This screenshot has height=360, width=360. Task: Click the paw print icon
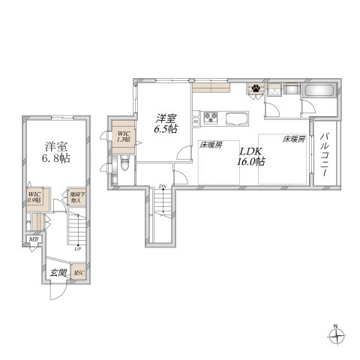pos(256,88)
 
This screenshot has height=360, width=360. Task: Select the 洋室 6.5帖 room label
pos(166,123)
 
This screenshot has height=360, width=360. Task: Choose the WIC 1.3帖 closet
pos(123,136)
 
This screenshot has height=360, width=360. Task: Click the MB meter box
pos(32,240)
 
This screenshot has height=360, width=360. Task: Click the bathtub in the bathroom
pos(320,91)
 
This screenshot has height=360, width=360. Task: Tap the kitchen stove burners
pos(211,117)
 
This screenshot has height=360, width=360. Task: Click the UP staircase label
pos(78,247)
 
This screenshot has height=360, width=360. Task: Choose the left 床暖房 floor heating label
pos(210,144)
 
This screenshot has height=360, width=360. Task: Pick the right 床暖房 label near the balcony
pos(293,139)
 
